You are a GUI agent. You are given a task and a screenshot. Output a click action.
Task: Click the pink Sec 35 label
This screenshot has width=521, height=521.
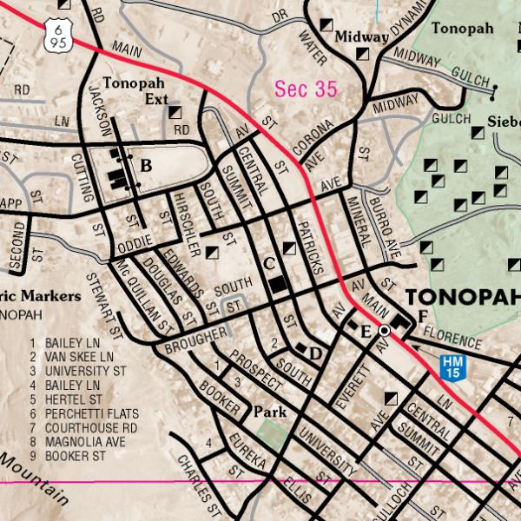(x=306, y=89)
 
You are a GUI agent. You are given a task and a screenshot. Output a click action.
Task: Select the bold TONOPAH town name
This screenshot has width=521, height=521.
(x=462, y=296)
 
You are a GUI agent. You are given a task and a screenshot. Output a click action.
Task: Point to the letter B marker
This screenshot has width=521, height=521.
(x=146, y=166)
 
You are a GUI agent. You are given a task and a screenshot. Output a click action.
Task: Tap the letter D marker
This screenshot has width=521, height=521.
(x=315, y=353)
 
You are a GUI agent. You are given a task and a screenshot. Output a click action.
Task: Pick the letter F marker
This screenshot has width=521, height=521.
(x=422, y=315)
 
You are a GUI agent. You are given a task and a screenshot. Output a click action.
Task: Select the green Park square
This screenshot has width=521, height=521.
(x=271, y=434)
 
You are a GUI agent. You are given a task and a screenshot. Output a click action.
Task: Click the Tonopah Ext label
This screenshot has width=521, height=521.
(x=135, y=91)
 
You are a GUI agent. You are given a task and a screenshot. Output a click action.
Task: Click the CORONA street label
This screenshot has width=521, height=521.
(x=315, y=135)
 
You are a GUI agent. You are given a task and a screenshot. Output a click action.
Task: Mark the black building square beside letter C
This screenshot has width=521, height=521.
(x=278, y=284)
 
